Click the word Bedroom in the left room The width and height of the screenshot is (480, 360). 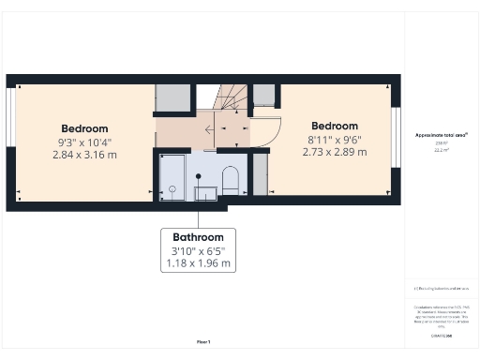pos(84,128)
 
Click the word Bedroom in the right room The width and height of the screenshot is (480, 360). pos(335,126)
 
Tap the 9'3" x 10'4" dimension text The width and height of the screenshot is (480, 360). pos(84,142)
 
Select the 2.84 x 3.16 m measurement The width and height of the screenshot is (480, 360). pos(84,154)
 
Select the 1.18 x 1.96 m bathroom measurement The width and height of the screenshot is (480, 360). pos(198,264)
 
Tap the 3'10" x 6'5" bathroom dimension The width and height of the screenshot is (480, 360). pos(198,251)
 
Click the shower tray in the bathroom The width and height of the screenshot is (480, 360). pos(172,176)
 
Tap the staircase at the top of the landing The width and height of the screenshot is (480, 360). pos(231,96)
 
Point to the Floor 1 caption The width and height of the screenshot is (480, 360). pos(203,341)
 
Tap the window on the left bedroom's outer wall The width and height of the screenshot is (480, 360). pos(10,141)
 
